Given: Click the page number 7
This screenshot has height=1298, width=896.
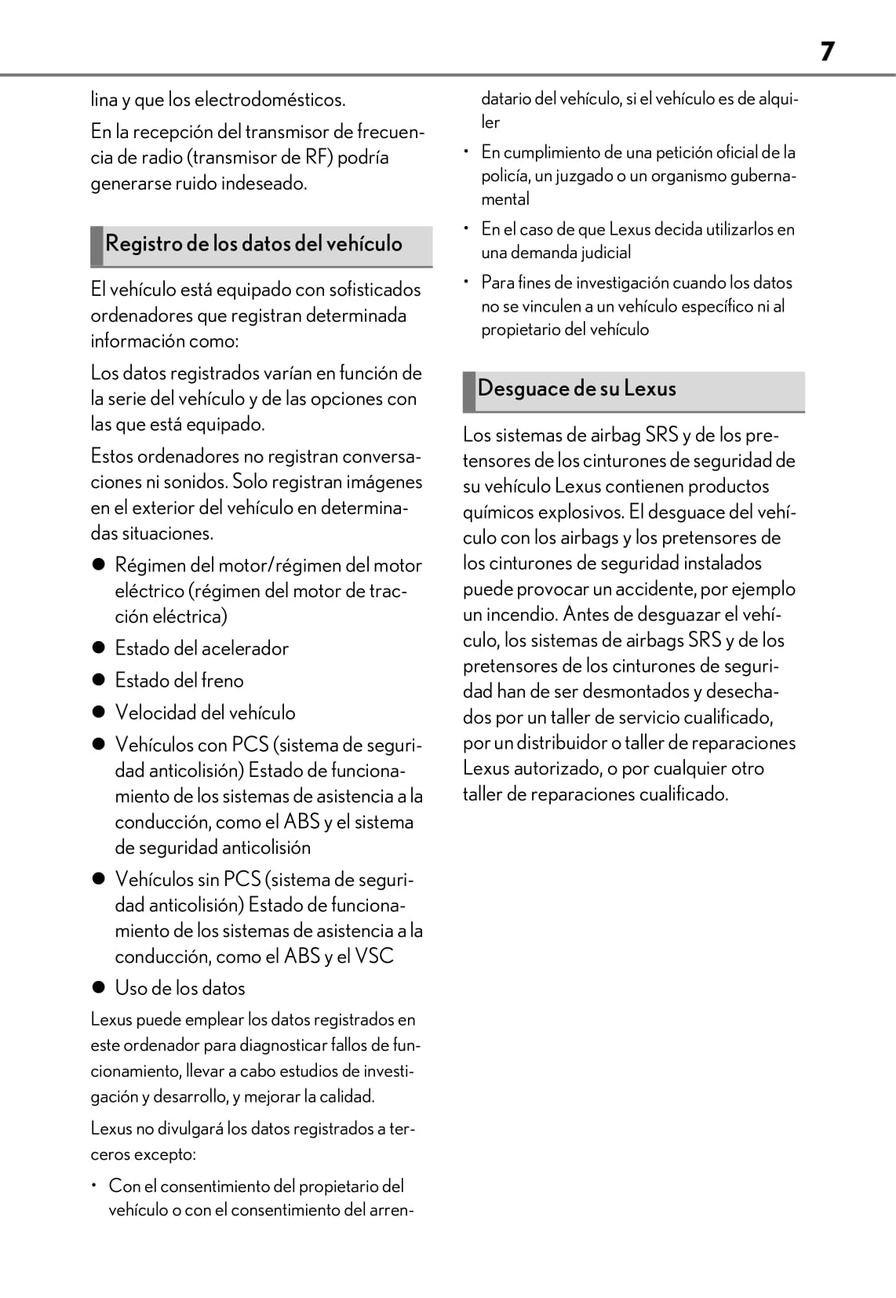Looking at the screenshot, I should pos(827,52).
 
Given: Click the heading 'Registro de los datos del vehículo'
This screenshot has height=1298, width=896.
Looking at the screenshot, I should pos(253,244).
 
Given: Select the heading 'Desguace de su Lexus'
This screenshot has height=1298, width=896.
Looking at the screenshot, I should pos(577,389).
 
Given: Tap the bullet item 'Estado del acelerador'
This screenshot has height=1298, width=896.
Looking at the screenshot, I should pos(202,649).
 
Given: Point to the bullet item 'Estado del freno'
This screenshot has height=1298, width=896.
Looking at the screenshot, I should pos(179,681).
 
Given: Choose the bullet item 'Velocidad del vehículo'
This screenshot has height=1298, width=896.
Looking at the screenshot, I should pos(205,713).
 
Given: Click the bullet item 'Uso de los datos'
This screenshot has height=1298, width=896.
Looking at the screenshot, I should pos(180,989).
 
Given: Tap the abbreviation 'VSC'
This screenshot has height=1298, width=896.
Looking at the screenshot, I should pos(374,957).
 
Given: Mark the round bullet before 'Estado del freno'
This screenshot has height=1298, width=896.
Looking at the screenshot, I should pos(99,680).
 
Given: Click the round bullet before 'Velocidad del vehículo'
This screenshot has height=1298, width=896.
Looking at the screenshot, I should pos(99,713).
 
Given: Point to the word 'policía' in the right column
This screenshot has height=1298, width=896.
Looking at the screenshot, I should pos(504,176).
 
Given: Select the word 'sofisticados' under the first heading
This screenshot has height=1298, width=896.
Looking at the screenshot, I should pos(375,290).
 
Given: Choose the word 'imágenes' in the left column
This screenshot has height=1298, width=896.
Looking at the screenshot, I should pos(384,483).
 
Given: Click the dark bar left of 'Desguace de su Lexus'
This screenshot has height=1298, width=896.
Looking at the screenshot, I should pos(469,391).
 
